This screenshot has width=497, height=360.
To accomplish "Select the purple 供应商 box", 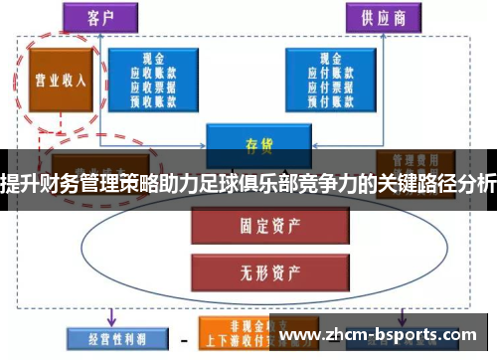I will tap(382, 17).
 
